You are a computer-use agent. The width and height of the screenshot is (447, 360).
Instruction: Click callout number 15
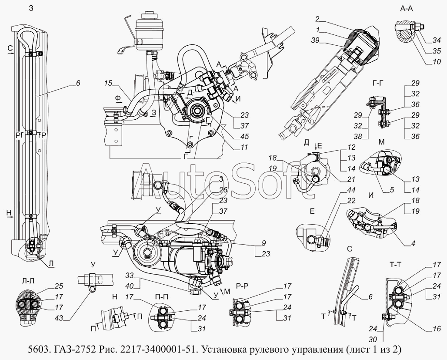(x=109, y=82)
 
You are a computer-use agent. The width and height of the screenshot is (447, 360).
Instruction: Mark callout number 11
(x=244, y=148)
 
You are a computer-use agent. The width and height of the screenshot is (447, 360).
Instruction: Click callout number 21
(x=351, y=179)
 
